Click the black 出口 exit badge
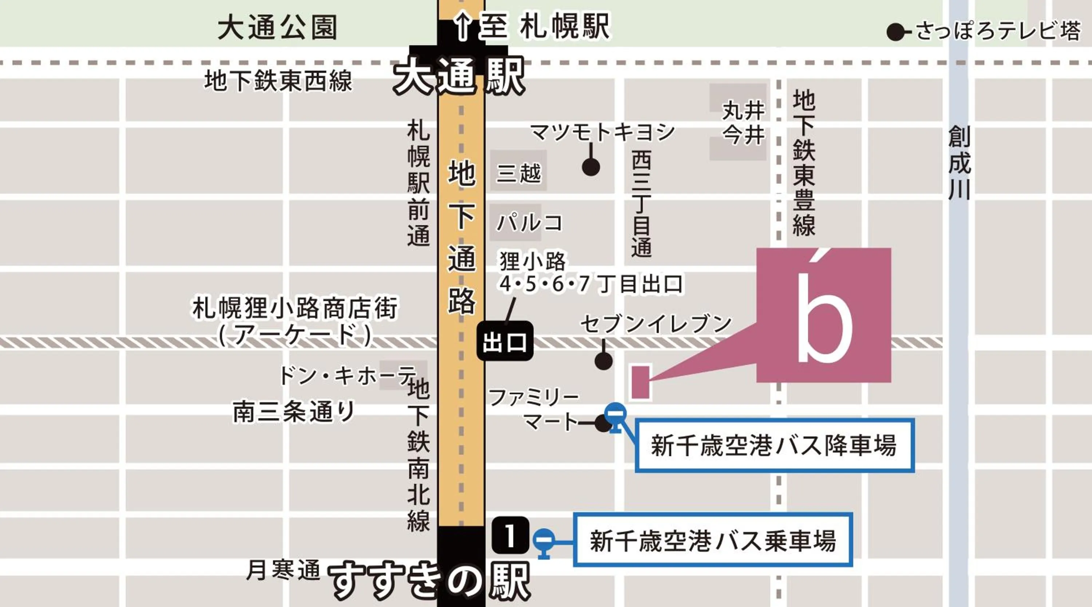pyautogui.click(x=505, y=341)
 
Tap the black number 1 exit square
pyautogui.click(x=510, y=535)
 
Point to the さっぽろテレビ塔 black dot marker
pyautogui.click(x=895, y=32)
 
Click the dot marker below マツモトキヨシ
pyautogui.click(x=590, y=167)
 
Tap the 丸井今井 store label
pyautogui.click(x=744, y=123)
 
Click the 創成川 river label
pyautogui.click(x=959, y=162)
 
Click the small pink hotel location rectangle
pyautogui.click(x=641, y=382)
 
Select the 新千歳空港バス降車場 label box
pyautogui.click(x=774, y=445)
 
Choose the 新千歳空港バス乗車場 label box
pyautogui.click(x=713, y=540)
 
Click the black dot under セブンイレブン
pyautogui.click(x=603, y=361)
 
